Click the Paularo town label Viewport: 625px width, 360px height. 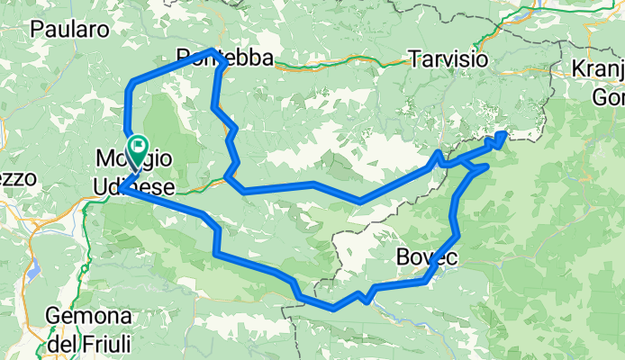pos(69,29)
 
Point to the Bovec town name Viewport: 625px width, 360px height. pos(427,258)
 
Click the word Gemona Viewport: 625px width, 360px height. pos(89,317)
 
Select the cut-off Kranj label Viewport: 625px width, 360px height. pos(598,70)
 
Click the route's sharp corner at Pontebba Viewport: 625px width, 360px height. pos(213,50)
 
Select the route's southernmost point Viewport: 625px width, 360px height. pos(334,308)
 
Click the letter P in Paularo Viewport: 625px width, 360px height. pos(37,29)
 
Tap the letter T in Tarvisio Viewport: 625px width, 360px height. pos(412,59)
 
